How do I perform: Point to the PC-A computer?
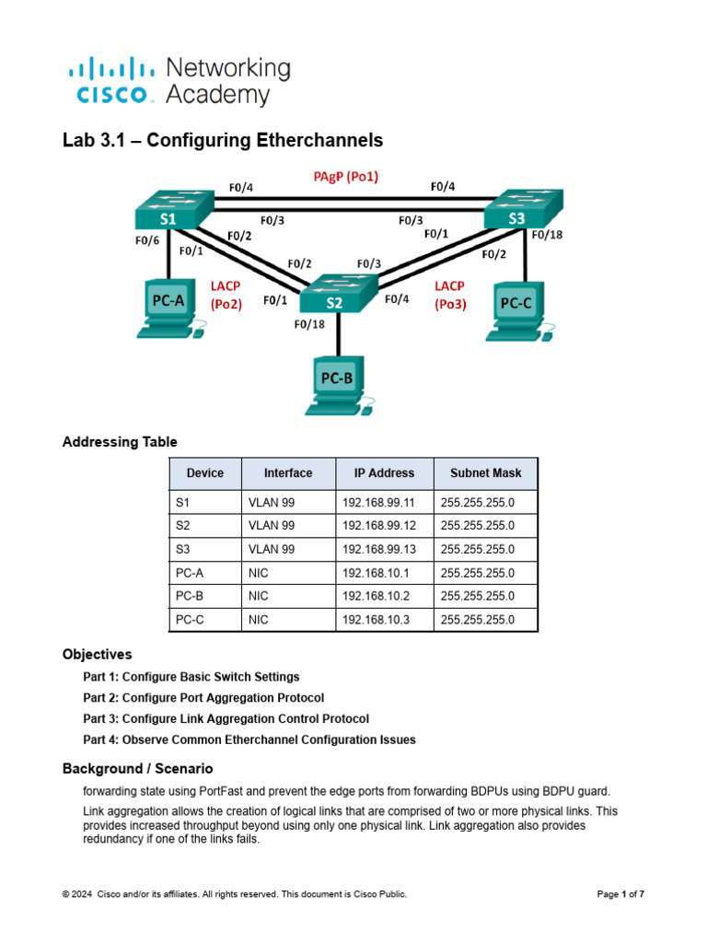coord(168,308)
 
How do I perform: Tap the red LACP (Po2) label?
coord(226,295)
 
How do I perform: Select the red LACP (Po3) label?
coord(449,295)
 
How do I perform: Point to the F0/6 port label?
coord(148,240)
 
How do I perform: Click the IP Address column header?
coord(384,473)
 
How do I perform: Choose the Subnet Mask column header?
coord(485,473)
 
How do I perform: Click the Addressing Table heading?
coord(120,442)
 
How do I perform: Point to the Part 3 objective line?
coord(226,718)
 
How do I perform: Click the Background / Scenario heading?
coord(137,768)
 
